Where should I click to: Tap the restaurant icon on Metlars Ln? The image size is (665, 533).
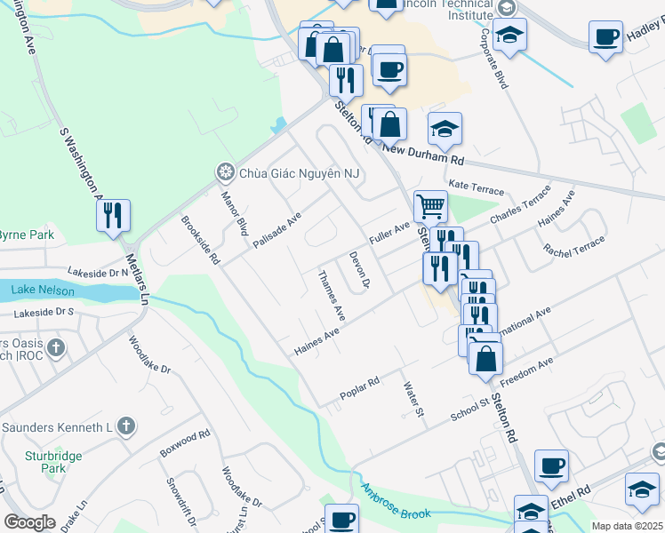click(x=114, y=216)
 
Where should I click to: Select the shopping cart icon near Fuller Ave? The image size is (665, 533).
click(x=430, y=206)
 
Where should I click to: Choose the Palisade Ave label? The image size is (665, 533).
click(x=276, y=229)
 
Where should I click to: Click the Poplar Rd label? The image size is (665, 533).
click(x=359, y=389)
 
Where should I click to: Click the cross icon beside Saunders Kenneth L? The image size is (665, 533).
click(x=126, y=426)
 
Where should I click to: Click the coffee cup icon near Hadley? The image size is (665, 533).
click(x=606, y=37)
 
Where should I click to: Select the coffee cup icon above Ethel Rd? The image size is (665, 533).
click(x=551, y=465)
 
